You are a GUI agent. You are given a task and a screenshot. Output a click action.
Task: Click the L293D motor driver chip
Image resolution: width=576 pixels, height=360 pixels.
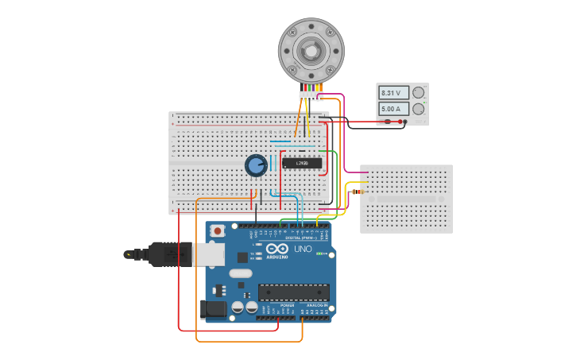pos(302,163)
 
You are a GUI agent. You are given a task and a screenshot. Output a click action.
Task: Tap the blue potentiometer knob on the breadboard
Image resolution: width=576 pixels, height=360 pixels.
pos(256,165)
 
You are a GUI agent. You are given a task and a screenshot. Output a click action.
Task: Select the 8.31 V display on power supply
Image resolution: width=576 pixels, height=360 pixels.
pos(393,93)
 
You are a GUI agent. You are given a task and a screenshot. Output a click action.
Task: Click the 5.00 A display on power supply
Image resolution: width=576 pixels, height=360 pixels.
pos(393,109)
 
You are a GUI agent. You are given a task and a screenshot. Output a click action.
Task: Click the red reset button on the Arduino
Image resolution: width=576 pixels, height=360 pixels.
pos(217,230)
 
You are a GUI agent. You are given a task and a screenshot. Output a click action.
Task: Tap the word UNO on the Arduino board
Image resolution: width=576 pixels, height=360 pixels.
pos(303,249)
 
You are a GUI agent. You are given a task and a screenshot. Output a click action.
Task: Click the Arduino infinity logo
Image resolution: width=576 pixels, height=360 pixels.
pos(276,249)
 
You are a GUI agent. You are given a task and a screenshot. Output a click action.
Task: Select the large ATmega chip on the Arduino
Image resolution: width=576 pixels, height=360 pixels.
pos(293,292)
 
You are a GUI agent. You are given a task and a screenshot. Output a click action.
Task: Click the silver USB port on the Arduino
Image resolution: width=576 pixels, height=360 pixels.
pos(209,254)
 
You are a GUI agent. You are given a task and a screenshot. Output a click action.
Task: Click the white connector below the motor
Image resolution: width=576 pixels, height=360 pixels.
pos(311,96)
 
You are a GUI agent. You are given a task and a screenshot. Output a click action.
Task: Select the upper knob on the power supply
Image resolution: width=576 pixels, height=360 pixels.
pos(419,92)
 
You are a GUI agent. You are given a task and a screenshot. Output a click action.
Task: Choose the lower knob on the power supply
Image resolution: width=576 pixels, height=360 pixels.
pos(419,109)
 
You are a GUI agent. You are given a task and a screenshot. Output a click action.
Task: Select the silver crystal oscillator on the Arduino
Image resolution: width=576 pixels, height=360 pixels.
pos(242,273)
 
